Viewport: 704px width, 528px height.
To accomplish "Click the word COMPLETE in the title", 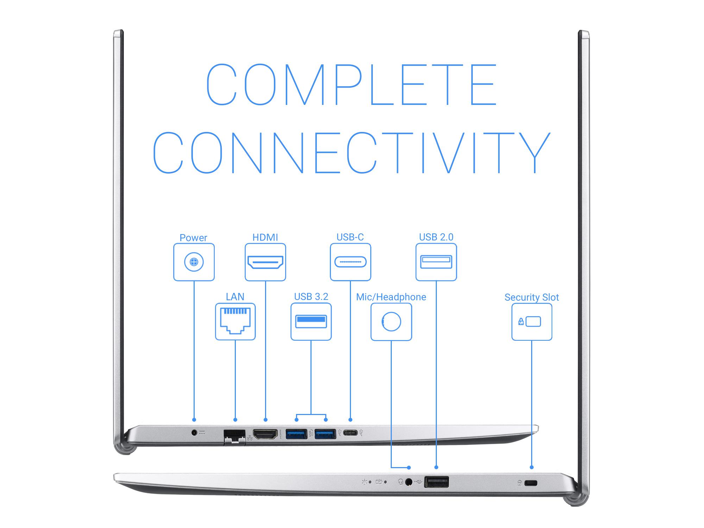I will click(351, 84).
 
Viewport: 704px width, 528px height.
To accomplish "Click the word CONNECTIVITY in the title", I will click(351, 153).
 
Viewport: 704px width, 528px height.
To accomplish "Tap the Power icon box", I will click(194, 262).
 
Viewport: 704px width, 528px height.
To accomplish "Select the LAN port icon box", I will click(235, 321).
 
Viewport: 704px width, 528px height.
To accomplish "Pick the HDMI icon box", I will click(265, 262).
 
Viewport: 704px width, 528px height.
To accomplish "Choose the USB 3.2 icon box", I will click(311, 321).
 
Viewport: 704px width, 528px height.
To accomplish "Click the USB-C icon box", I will click(350, 262).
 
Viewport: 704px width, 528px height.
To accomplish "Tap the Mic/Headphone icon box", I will click(391, 322).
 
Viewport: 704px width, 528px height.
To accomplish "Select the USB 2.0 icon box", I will click(436, 262).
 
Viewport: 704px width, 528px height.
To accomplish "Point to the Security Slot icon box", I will click(532, 322).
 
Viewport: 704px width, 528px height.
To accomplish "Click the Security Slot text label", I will click(532, 297).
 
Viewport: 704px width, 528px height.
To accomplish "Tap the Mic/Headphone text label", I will click(391, 297).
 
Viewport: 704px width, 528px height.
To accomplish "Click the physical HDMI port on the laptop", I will click(265, 434).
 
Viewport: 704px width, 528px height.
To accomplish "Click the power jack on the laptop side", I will click(194, 432).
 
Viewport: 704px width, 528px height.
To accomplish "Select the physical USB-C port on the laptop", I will click(350, 433).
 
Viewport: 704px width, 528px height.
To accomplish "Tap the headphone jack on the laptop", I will click(409, 482).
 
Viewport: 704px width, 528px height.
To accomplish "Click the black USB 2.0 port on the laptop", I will click(436, 482).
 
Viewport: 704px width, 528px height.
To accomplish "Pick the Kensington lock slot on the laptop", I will click(530, 483).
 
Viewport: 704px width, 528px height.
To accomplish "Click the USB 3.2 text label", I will click(311, 297).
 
